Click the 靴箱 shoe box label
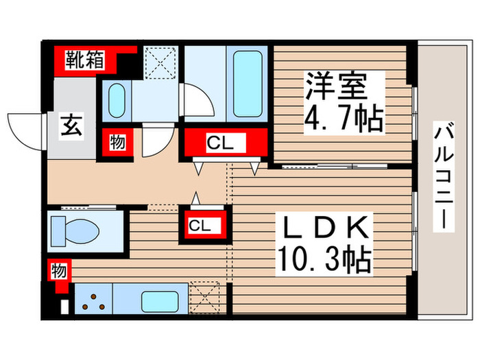[x=84, y=60]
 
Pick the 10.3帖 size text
[x=324, y=259]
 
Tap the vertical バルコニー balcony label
[x=444, y=177]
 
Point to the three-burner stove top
[x=93, y=299]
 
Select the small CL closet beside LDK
[x=200, y=225]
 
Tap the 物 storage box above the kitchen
[x=59, y=270]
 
